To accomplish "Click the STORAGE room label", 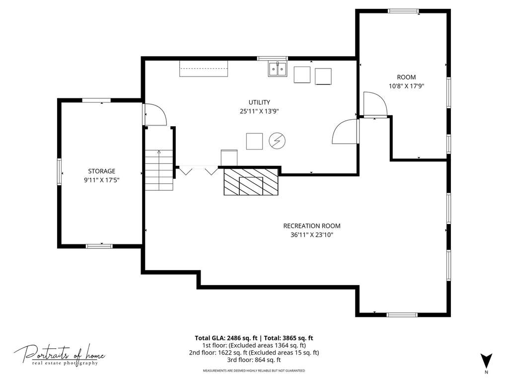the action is tap(102, 171).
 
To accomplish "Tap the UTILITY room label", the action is tap(259, 102).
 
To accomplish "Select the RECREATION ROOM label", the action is tap(312, 226).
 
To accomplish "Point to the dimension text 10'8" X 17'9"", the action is tap(407, 86).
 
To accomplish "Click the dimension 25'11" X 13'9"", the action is tap(259, 111).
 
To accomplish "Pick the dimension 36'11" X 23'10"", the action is tap(312, 235).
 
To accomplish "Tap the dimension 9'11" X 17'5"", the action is tap(102, 180).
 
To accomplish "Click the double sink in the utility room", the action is tap(278, 69).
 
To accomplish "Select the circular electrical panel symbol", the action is tap(277, 141).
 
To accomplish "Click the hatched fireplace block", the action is tap(251, 181).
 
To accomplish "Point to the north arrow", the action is tap(486, 361).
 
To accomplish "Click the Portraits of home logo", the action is tap(60, 355).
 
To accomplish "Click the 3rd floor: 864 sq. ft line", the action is tap(254, 360).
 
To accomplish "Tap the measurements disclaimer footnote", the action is tap(254, 370).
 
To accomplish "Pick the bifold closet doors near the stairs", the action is tap(198, 170).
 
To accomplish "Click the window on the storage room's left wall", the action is tap(59, 172).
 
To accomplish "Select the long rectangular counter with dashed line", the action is tap(204, 69).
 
